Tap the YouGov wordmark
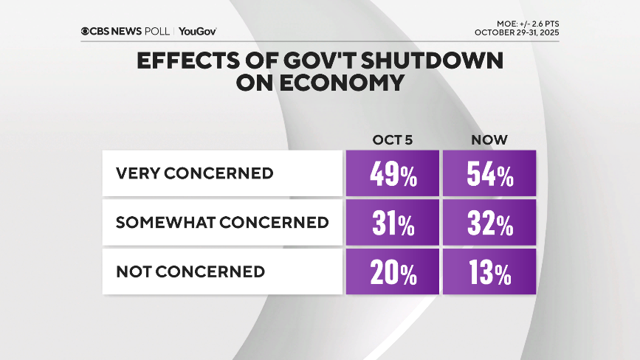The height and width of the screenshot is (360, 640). point(197,31)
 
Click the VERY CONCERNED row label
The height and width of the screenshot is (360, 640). point(195,174)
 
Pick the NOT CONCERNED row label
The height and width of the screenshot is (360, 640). point(190,271)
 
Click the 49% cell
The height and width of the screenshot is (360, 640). point(391,174)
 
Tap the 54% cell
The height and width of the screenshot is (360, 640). point(489,174)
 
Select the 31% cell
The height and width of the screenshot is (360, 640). point(391,223)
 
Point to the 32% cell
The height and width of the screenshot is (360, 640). point(489,223)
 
